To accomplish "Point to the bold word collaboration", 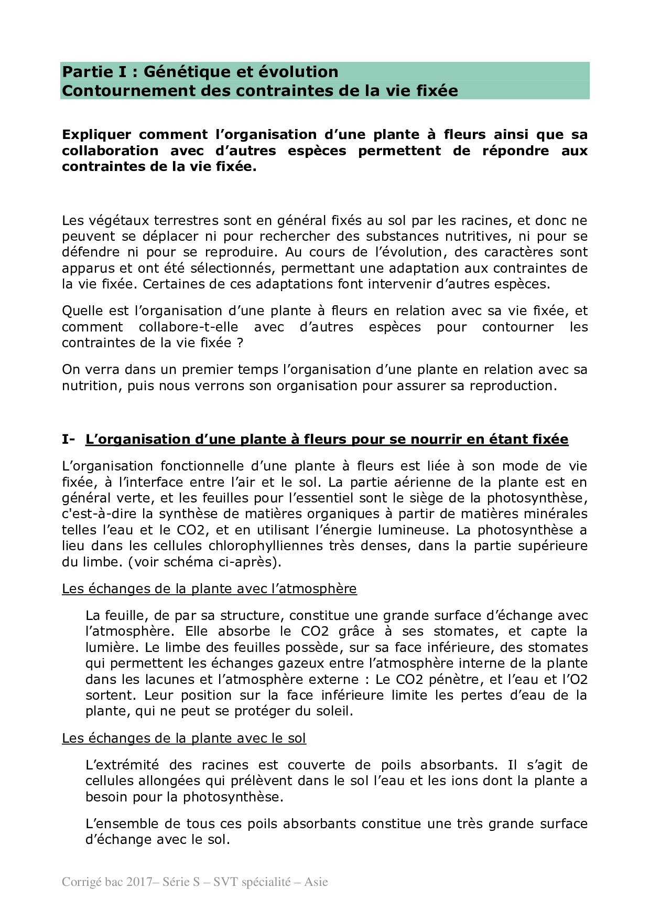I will pos(110,151).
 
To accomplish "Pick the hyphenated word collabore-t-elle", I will pos(188,327).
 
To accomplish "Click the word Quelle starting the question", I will pos(81,311).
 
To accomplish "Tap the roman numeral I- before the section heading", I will pos(68,440).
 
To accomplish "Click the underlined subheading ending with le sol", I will pos(183,739).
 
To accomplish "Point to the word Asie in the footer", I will pos(316,882).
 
